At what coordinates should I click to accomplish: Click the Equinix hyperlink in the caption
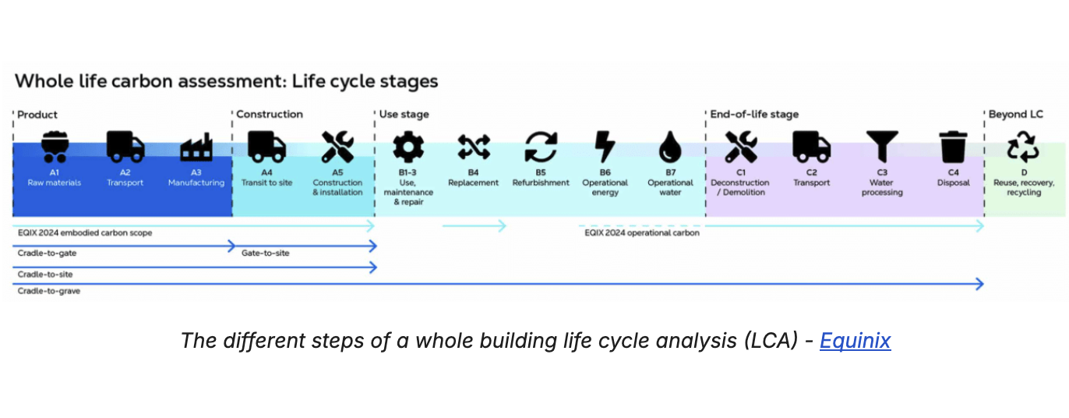855,341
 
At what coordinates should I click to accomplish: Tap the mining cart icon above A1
55,147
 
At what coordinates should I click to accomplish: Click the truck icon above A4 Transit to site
266,147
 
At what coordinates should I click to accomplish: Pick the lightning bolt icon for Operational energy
605,147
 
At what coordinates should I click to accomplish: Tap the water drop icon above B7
670,147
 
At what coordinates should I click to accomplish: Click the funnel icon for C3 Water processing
881,147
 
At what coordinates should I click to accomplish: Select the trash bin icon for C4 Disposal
953,147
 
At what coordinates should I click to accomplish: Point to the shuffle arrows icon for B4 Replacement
473,147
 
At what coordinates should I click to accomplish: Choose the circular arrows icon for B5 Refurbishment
540,147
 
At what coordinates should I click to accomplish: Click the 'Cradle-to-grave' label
49,291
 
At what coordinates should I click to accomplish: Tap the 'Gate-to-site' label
265,253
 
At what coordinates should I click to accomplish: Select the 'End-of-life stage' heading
754,115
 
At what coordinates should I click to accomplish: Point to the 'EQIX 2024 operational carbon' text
641,232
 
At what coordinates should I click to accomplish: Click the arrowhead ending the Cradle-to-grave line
979,285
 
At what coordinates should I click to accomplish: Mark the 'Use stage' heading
404,115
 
